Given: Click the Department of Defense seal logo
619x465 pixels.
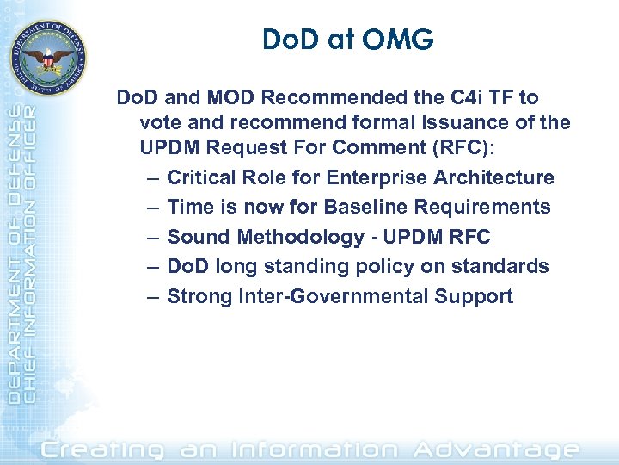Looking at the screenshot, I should point(48,58).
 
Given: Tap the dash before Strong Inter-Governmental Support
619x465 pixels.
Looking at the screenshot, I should point(152,297).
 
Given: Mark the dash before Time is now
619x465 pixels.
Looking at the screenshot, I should point(152,208).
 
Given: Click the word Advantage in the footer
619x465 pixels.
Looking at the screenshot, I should point(496,449).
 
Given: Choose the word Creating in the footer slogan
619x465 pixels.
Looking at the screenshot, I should point(103,449).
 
